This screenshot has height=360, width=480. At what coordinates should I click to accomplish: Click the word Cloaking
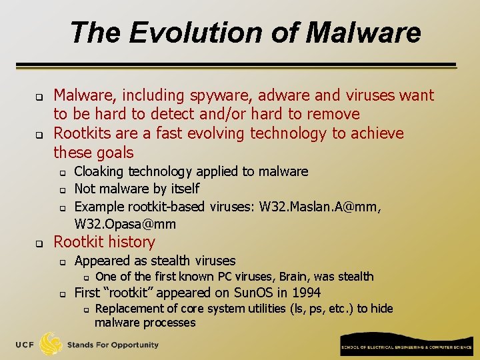click(x=99, y=171)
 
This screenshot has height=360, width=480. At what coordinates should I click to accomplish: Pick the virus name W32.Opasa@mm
click(x=125, y=224)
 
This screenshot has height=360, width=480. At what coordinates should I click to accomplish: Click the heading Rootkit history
click(x=104, y=242)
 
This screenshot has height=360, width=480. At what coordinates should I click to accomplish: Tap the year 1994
click(x=305, y=293)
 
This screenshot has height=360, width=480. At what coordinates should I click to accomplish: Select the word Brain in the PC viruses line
click(x=293, y=277)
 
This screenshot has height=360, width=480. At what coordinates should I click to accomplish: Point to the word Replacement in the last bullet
click(x=131, y=309)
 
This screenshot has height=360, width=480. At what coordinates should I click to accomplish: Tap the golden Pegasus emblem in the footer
click(x=51, y=343)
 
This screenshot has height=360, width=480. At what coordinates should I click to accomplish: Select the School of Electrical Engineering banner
click(x=405, y=347)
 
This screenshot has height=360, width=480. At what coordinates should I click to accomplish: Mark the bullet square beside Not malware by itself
click(x=61, y=190)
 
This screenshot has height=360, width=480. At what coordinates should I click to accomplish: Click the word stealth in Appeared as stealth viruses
click(x=156, y=261)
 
